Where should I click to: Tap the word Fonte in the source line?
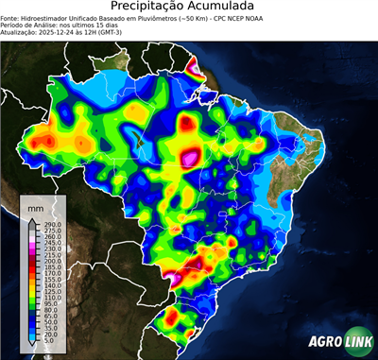11,19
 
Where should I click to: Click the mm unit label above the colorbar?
36,205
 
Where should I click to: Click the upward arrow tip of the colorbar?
32,219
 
